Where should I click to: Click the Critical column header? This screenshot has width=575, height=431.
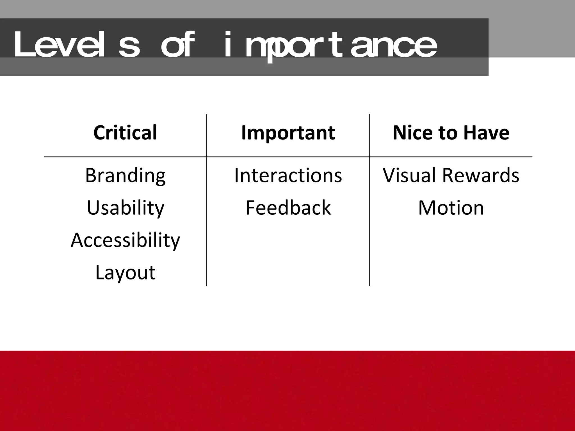pyautogui.click(x=125, y=132)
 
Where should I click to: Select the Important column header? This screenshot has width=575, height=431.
pyautogui.click(x=288, y=132)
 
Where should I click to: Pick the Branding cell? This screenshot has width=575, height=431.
pyautogui.click(x=125, y=175)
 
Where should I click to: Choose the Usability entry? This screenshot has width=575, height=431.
pyautogui.click(x=125, y=208)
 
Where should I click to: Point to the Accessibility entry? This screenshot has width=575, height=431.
pyautogui.click(x=125, y=240)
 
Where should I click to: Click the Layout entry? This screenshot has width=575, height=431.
pyautogui.click(x=125, y=272)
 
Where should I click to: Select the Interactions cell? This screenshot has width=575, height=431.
pyautogui.click(x=288, y=175)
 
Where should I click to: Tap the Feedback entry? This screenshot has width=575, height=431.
pyautogui.click(x=288, y=208)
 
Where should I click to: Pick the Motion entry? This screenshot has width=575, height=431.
pyautogui.click(x=451, y=208)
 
